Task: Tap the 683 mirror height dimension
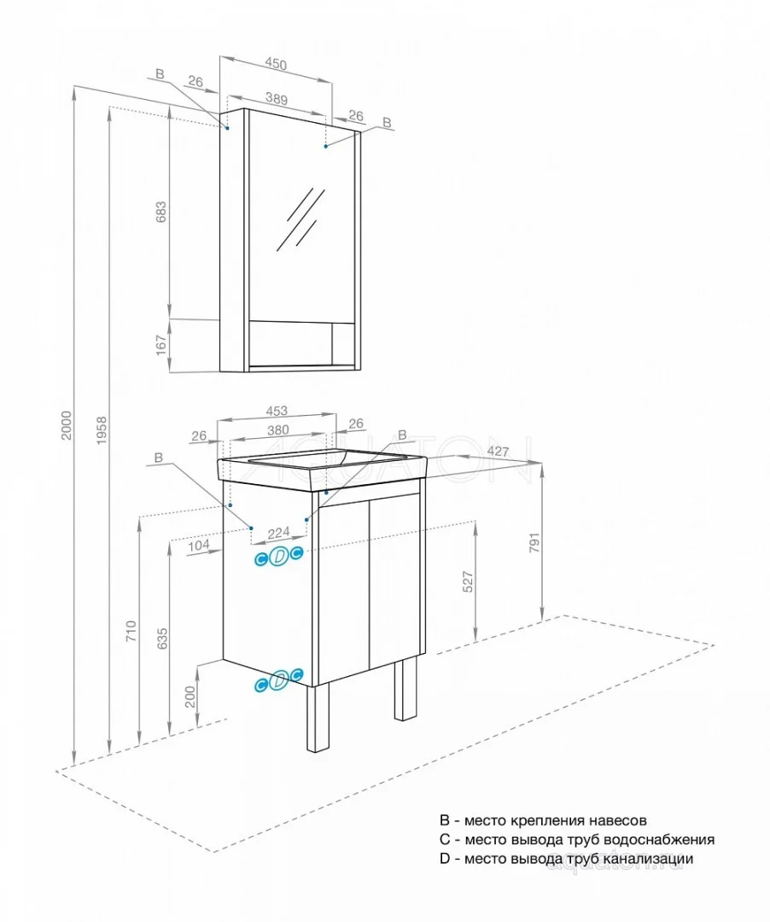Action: pyautogui.click(x=160, y=211)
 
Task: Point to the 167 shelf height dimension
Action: pyautogui.click(x=160, y=346)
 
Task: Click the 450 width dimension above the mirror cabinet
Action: pyautogui.click(x=275, y=64)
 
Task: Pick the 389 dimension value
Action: pyautogui.click(x=275, y=98)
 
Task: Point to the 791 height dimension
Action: pyautogui.click(x=534, y=543)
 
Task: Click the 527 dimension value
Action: pyautogui.click(x=468, y=581)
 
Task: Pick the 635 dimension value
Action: pyautogui.click(x=162, y=640)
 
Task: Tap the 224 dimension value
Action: pyautogui.click(x=278, y=533)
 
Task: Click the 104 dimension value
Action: pyautogui.click(x=198, y=545)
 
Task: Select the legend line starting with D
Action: pyautogui.click(x=566, y=859)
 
